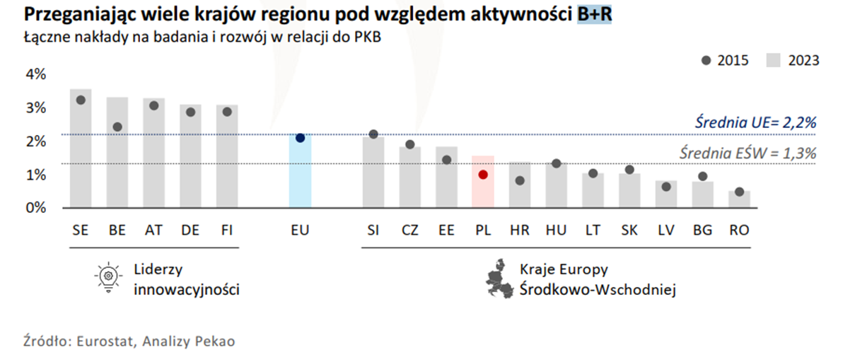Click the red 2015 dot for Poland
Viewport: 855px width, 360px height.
click(483, 174)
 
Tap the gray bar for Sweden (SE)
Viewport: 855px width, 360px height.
click(81, 149)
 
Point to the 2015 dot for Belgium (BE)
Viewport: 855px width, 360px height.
click(117, 127)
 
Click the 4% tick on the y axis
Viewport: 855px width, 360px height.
click(36, 74)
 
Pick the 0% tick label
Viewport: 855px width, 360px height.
click(36, 208)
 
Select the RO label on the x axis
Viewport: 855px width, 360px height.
click(739, 231)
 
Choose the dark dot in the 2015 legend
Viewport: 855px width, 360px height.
click(706, 61)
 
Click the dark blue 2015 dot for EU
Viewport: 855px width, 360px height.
click(300, 138)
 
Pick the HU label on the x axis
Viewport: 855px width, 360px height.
click(556, 231)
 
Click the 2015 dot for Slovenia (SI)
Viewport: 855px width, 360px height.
click(373, 134)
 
